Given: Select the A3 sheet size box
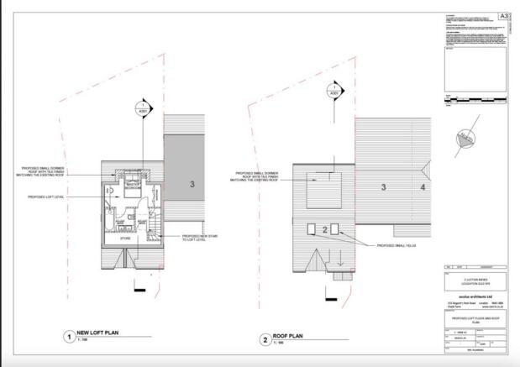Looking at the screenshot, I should coord(504,16).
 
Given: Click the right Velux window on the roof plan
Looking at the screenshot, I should coord(336,229).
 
